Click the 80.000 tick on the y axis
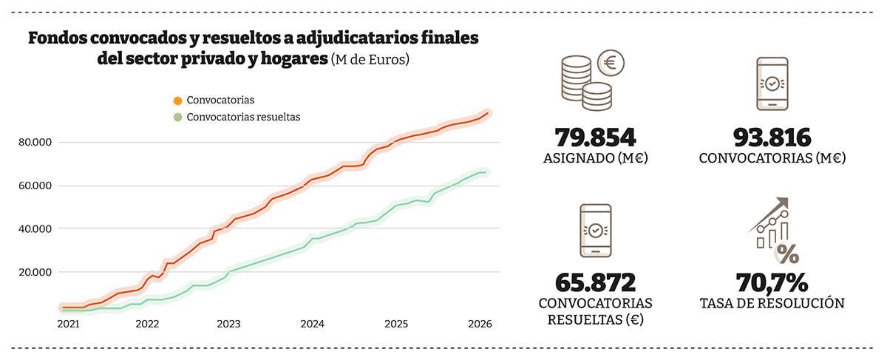coord(35,143)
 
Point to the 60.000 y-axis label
coord(35,186)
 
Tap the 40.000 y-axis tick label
coord(35,228)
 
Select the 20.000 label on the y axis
coord(35,272)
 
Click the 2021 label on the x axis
coord(67,324)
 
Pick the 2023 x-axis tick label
coord(228,324)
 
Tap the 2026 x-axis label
coord(480,324)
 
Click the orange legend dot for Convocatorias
coord(177,100)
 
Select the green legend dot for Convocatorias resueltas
coord(177,117)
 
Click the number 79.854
coord(595,137)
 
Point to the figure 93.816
coord(772,137)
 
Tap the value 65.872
coord(595,282)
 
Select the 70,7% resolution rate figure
coord(772,282)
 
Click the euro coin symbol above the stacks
coord(610,63)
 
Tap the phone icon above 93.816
coord(772,84)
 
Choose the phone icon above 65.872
coord(595,231)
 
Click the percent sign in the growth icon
coord(787,255)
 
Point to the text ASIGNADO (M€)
coord(595,157)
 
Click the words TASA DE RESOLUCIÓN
coord(772,303)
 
